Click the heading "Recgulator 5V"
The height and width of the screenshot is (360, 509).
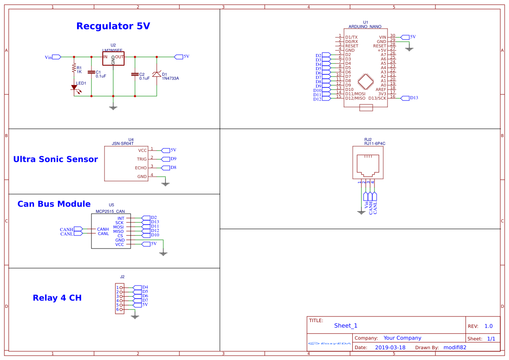(113, 26)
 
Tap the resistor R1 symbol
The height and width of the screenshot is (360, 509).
(74, 68)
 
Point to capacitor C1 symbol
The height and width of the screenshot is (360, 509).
(91, 73)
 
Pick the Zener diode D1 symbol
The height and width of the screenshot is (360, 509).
(157, 75)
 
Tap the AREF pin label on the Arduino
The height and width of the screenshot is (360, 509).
(381, 89)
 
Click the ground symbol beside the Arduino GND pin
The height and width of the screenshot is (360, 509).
(409, 49)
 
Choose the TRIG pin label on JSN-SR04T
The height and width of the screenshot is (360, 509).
(142, 159)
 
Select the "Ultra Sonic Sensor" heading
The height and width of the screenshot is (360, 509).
(55, 159)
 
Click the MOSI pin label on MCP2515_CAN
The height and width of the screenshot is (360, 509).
(118, 227)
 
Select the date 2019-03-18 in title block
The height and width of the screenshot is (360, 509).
(390, 347)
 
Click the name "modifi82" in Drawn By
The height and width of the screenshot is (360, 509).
(455, 347)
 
